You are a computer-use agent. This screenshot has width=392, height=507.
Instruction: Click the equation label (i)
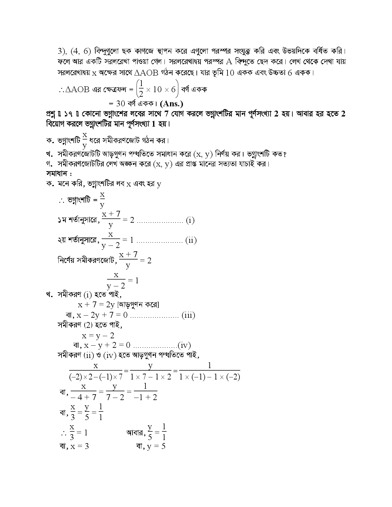coord(190,220)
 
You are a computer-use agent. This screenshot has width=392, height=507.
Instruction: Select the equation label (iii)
coord(188,315)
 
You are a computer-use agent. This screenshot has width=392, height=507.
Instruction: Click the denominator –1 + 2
coord(145,397)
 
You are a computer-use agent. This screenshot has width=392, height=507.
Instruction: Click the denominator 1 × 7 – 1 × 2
coord(151,377)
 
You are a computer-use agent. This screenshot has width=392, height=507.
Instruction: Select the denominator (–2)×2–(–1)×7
coord(96,377)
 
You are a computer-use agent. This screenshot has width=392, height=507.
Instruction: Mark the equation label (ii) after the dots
coord(191,240)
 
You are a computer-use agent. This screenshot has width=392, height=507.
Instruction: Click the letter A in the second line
coord(229,61)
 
